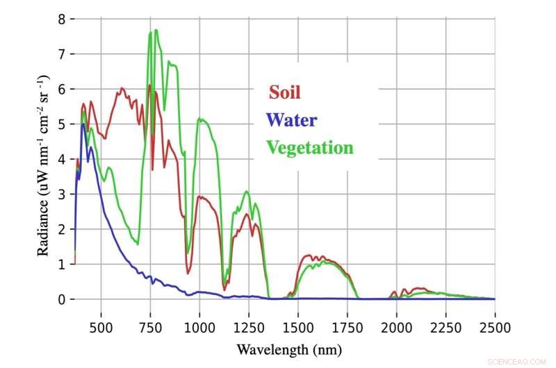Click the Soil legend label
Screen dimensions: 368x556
(x=285, y=92)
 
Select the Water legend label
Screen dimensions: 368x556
(x=291, y=119)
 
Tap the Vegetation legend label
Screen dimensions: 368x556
(x=310, y=147)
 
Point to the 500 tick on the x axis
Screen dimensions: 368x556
(x=101, y=326)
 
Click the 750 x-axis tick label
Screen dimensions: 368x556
(x=151, y=326)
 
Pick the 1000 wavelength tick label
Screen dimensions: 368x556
(x=199, y=326)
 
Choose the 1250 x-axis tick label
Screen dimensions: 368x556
(x=249, y=326)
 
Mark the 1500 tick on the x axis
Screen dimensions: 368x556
(x=298, y=326)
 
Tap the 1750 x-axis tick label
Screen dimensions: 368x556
(x=347, y=326)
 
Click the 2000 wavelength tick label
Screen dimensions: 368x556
(x=397, y=326)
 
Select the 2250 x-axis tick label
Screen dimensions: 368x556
(x=445, y=326)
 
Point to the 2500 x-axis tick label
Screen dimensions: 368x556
(x=494, y=326)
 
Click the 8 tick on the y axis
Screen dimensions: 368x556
(x=61, y=19)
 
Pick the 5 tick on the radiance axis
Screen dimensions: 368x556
(x=61, y=124)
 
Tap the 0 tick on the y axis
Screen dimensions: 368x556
(x=61, y=299)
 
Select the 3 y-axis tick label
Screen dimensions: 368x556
(x=61, y=194)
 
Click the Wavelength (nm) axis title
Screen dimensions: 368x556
(x=289, y=348)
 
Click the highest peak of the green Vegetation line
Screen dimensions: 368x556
(x=156, y=30)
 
